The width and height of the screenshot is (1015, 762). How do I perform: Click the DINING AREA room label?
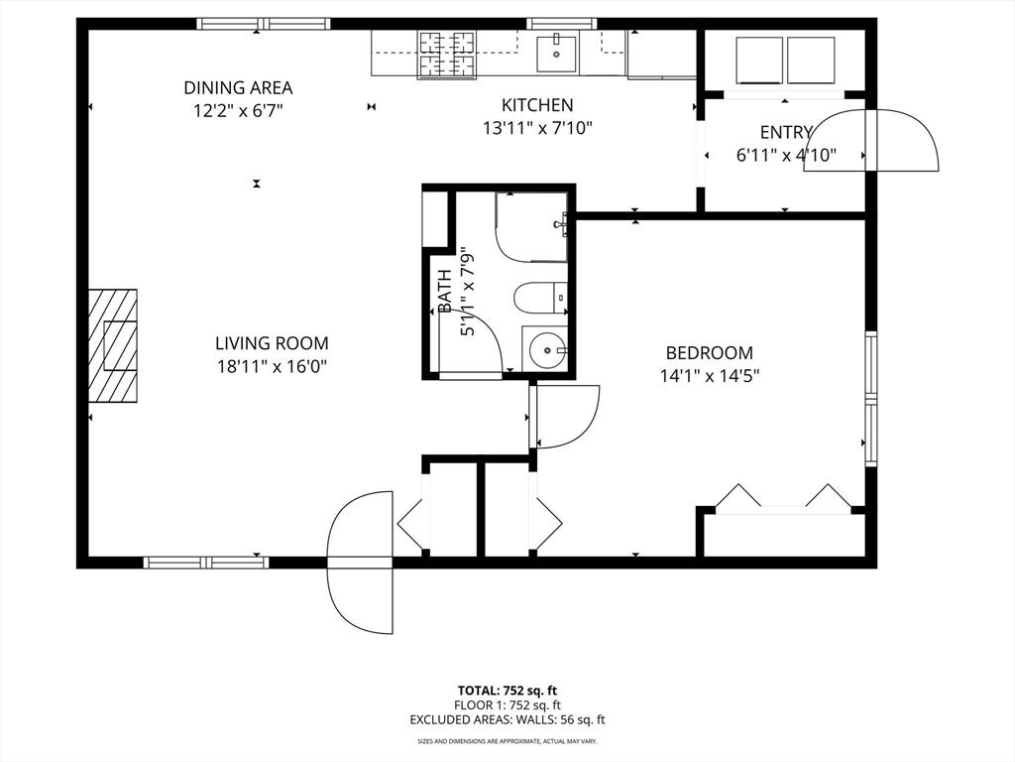(238, 87)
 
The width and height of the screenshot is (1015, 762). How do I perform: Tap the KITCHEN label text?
(537, 105)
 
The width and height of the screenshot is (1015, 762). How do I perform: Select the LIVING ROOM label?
(272, 342)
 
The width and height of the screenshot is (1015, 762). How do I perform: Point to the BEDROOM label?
(710, 353)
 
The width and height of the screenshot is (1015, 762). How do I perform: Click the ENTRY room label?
(786, 132)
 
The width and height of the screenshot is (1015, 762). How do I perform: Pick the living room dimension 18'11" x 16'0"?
(272, 367)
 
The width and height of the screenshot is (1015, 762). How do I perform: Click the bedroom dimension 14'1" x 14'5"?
(710, 376)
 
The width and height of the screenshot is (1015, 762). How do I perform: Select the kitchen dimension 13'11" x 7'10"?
(537, 128)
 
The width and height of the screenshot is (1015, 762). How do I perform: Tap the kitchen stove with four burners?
(447, 55)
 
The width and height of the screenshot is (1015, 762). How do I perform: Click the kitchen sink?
(556, 55)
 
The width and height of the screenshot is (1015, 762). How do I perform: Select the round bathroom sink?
(546, 350)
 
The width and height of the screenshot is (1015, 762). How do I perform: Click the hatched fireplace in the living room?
(113, 346)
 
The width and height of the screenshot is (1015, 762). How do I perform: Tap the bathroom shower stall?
(532, 227)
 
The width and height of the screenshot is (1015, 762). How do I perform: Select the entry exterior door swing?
(871, 140)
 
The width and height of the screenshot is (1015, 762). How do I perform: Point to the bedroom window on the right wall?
(871, 399)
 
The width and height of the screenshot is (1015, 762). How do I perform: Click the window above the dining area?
(264, 24)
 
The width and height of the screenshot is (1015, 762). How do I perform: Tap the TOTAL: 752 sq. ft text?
(507, 691)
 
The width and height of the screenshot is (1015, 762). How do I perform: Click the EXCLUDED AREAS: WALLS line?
(507, 719)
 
